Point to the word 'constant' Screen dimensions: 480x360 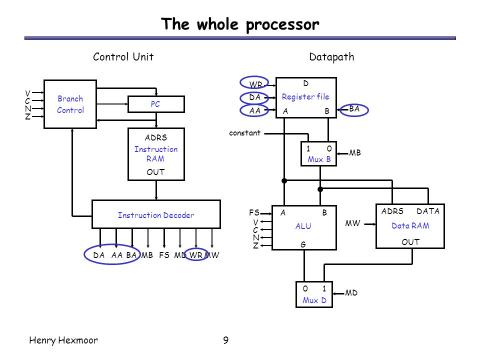pos(244,133)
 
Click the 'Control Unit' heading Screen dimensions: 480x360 pos(123,56)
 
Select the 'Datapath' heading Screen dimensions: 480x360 pos(331,57)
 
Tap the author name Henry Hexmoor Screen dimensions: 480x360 pos(63,340)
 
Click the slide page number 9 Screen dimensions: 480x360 pos(226,340)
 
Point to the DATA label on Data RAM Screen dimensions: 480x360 pos(428,211)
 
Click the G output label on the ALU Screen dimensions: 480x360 pos(303,244)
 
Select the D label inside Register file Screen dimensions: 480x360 pos(306,83)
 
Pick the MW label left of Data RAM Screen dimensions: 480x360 pos(352,223)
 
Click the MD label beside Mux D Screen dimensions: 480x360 pos(351,293)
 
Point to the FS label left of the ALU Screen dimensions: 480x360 pos(254,212)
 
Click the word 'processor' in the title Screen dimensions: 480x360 pos(282,25)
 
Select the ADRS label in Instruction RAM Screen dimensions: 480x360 pos(156,137)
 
